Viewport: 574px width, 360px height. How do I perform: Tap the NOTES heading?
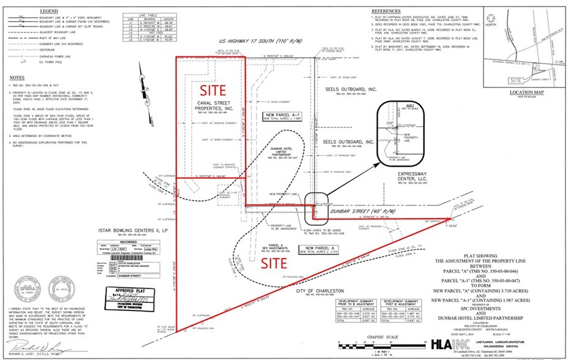[17, 77]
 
